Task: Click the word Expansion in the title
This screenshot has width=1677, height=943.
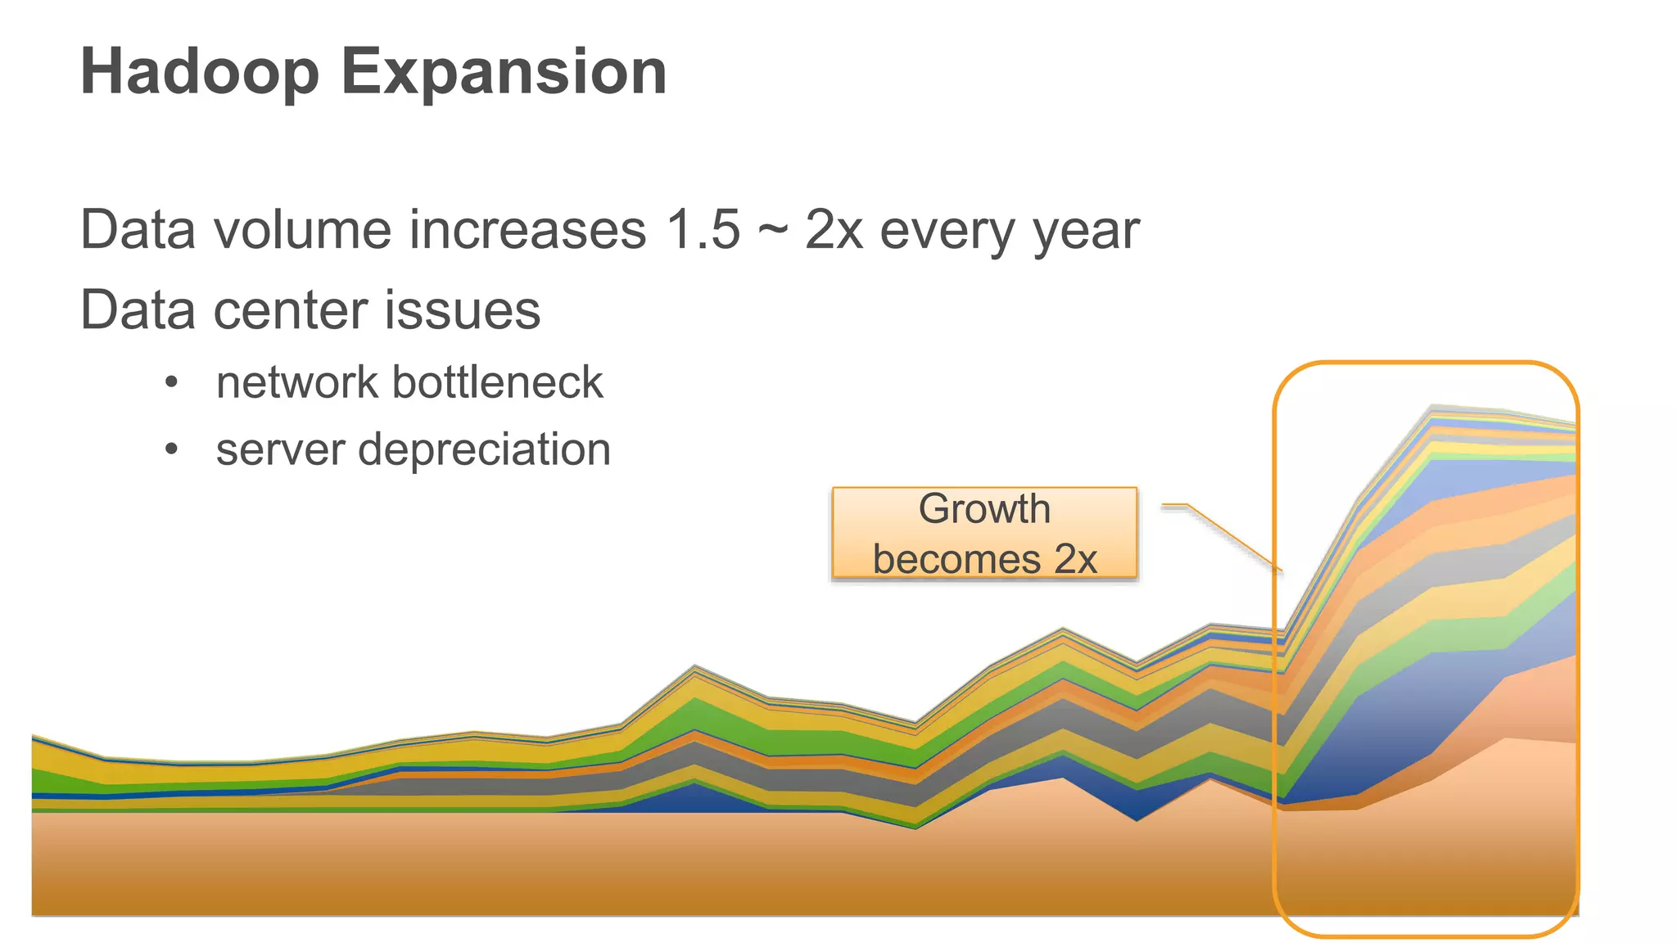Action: [x=504, y=72]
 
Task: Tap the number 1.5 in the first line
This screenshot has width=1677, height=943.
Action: [x=703, y=230]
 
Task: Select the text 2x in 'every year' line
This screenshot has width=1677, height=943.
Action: [x=834, y=230]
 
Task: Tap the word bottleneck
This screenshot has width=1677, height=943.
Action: [x=497, y=382]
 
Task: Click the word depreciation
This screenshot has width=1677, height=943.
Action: [x=484, y=449]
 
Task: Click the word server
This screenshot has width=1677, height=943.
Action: [x=280, y=449]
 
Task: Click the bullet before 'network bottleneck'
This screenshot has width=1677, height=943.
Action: [x=170, y=383]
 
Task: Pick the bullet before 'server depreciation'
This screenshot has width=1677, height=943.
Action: [x=170, y=450]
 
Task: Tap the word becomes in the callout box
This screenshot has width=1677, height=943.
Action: [x=957, y=560]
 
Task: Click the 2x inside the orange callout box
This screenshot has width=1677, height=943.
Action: [x=1075, y=560]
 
